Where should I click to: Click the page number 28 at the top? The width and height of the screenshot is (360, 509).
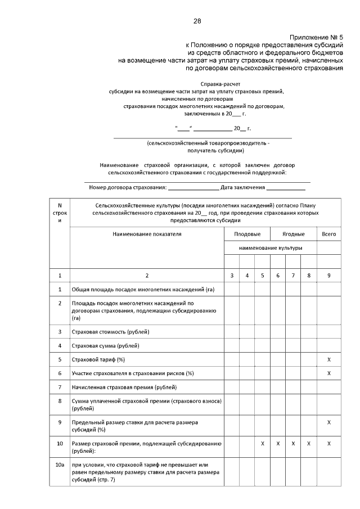197,21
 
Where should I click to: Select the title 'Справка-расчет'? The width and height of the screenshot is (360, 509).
197,82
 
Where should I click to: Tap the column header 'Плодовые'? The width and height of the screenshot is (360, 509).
247,233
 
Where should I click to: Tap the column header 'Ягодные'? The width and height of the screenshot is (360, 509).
293,233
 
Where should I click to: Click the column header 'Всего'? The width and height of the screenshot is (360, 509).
328,233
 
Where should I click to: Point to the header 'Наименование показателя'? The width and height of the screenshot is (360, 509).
147,233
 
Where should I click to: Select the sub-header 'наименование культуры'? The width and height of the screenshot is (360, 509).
270,247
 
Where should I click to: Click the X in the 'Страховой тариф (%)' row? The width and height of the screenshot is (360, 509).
328,359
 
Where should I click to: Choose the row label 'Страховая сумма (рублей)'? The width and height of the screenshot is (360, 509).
105,345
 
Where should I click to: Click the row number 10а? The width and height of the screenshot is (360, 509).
60,465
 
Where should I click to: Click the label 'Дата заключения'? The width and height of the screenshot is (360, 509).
242,187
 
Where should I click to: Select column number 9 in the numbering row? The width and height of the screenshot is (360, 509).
328,275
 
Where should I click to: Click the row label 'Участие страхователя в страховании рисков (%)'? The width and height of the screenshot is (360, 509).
132,373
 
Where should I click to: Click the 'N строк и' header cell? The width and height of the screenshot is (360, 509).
60,213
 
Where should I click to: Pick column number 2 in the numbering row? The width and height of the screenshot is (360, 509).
147,275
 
